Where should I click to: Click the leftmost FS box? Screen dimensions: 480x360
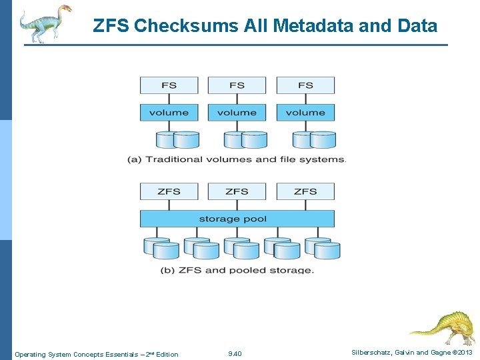(x=169, y=85)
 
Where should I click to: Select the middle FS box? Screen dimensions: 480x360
(x=237, y=85)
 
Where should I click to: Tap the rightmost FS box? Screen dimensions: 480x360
(x=305, y=85)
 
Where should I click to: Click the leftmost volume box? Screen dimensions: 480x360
(x=169, y=113)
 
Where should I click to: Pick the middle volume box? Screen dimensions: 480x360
(x=237, y=113)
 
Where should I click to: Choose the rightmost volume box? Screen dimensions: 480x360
(x=305, y=113)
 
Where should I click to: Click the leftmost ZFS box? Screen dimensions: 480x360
(x=169, y=191)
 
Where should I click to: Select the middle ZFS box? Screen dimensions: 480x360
(x=237, y=191)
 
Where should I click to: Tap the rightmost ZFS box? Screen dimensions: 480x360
(x=305, y=191)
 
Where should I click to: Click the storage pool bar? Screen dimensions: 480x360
(x=237, y=219)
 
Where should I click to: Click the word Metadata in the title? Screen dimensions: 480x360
(x=310, y=26)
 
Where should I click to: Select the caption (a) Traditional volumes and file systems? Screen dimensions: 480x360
(x=237, y=159)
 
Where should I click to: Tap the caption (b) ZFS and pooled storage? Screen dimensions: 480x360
(x=237, y=270)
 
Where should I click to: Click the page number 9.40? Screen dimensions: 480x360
(x=235, y=353)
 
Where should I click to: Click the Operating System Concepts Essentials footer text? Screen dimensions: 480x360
(x=97, y=354)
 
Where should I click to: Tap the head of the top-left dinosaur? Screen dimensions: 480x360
(x=64, y=9)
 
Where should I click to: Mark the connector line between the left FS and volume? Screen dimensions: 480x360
(x=169, y=99)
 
